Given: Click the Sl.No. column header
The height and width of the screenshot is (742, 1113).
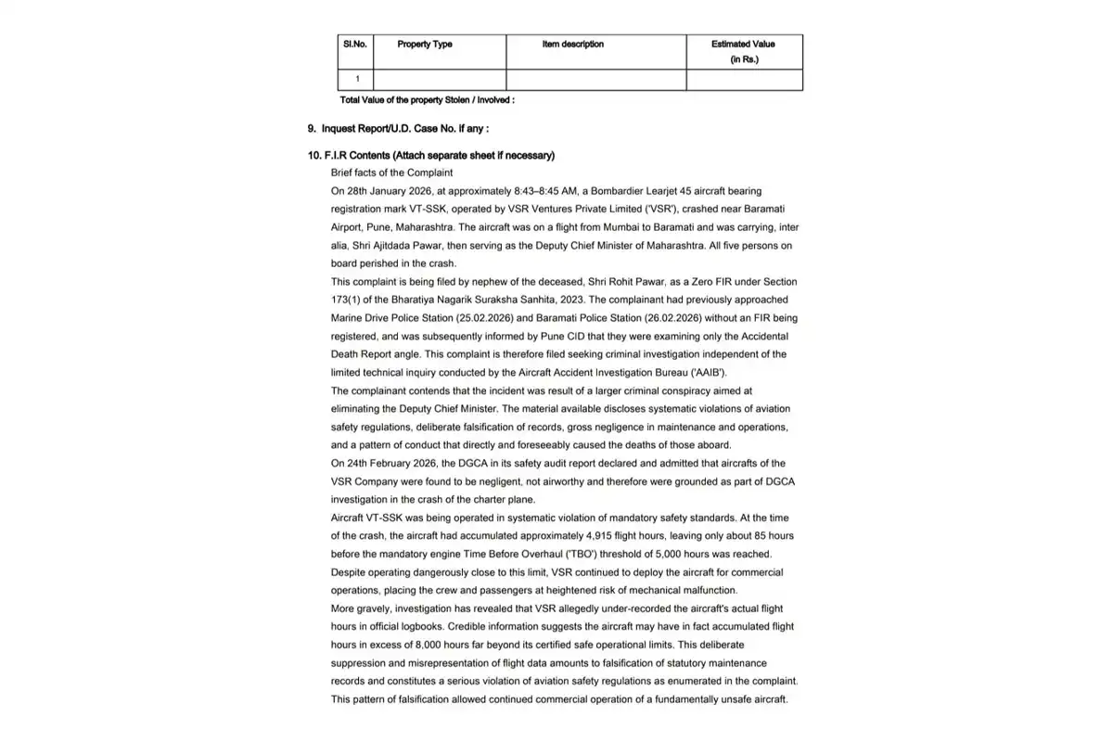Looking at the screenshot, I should point(355,44).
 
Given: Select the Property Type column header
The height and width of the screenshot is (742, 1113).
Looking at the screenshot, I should point(425,44).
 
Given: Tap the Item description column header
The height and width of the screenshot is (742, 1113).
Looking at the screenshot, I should point(573,44).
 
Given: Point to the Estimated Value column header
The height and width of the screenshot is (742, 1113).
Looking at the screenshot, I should point(743,44).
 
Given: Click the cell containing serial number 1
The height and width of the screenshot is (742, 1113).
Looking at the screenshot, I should point(357,80).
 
